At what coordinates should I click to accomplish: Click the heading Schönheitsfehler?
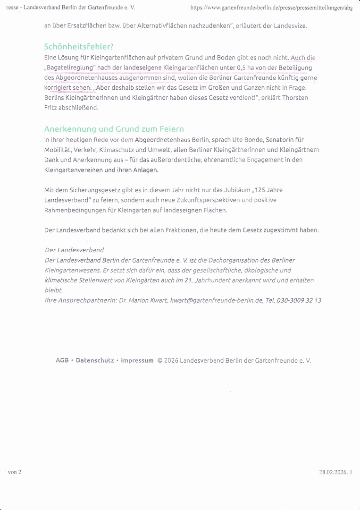pyautogui.click(x=79, y=47)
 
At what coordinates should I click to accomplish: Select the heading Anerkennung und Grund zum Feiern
pyautogui.click(x=114, y=129)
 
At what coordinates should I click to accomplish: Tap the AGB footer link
pyautogui.click(x=62, y=360)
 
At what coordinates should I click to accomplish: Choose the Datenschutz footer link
pyautogui.click(x=94, y=360)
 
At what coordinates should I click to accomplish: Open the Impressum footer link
pyautogui.click(x=137, y=360)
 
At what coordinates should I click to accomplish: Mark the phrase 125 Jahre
pyautogui.click(x=269, y=190)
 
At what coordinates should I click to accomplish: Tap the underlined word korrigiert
pyautogui.click(x=59, y=88)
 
